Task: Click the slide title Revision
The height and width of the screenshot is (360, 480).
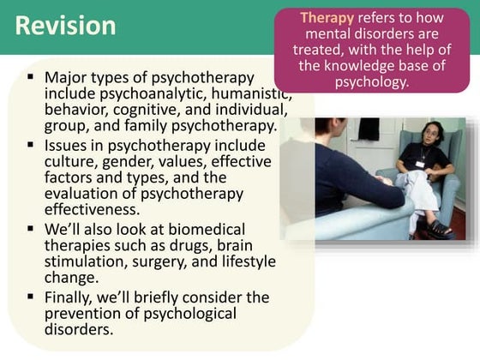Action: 66,26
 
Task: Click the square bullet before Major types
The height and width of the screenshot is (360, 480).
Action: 31,78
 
